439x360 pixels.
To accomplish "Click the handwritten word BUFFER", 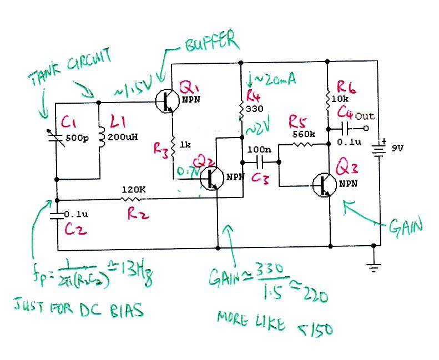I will coord(211,44).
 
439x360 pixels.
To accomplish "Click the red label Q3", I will coord(350,168).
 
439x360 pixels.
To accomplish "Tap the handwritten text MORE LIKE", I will coord(250,321).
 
